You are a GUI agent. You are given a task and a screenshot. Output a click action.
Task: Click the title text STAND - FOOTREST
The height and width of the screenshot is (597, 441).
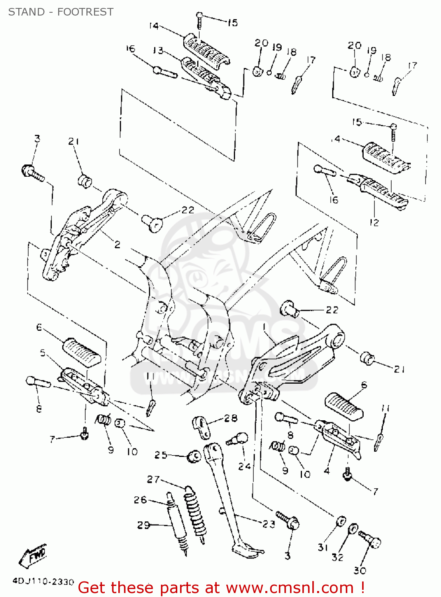(61, 12)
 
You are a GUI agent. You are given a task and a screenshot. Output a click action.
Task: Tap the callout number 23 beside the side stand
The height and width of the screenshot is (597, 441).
(269, 524)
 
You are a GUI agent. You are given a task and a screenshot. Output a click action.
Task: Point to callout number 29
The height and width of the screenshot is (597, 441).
(144, 525)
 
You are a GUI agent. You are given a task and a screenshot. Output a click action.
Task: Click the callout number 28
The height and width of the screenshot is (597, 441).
(231, 418)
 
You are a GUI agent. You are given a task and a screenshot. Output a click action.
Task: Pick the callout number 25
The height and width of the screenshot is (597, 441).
(161, 455)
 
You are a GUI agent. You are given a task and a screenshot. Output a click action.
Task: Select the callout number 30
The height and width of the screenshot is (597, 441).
(360, 570)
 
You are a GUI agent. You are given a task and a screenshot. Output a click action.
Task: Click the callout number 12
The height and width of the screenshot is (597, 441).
(374, 222)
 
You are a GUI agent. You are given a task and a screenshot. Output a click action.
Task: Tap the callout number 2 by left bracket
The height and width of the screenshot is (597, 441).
(117, 244)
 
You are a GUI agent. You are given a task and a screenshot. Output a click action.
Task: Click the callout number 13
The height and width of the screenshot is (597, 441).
(158, 51)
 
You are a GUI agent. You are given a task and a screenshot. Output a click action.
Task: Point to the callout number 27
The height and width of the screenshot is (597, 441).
(153, 480)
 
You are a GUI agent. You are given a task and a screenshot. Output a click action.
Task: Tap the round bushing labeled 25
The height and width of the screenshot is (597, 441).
(194, 456)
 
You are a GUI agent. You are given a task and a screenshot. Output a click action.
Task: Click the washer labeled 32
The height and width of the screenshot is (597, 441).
(353, 529)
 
